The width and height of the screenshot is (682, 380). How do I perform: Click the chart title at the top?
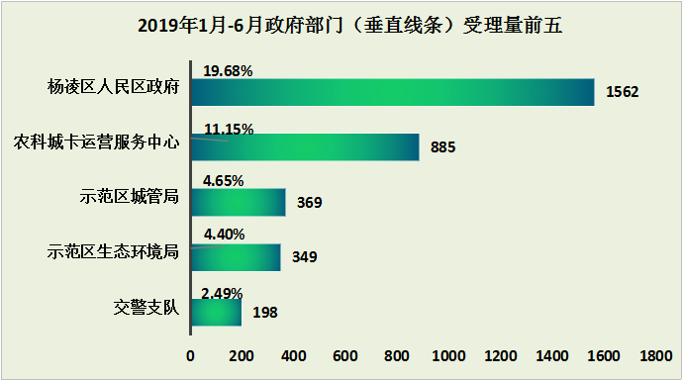pyautogui.click(x=341, y=26)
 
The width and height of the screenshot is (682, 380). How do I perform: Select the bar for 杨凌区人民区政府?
pyautogui.click(x=392, y=91)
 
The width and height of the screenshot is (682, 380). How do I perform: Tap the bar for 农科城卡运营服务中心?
pyautogui.click(x=305, y=146)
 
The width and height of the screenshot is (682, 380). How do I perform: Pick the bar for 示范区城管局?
pyautogui.click(x=238, y=202)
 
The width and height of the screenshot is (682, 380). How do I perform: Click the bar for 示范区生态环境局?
pyautogui.click(x=236, y=257)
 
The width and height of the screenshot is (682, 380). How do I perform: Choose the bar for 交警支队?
pyautogui.click(x=216, y=312)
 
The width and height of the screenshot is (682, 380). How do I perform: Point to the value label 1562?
pyautogui.click(x=624, y=92)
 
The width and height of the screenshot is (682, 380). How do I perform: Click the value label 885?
pyautogui.click(x=442, y=147)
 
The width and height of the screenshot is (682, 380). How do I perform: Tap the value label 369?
pyautogui.click(x=309, y=203)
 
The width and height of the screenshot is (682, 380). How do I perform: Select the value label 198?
pyautogui.click(x=264, y=313)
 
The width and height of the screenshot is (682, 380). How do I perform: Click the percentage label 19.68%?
pyautogui.click(x=228, y=71)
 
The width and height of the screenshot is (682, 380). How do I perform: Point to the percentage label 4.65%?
pyautogui.click(x=223, y=181)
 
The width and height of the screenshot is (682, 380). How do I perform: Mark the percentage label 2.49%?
pyautogui.click(x=221, y=293)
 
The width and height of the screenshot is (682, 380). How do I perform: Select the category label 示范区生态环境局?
pyautogui.click(x=113, y=251)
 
